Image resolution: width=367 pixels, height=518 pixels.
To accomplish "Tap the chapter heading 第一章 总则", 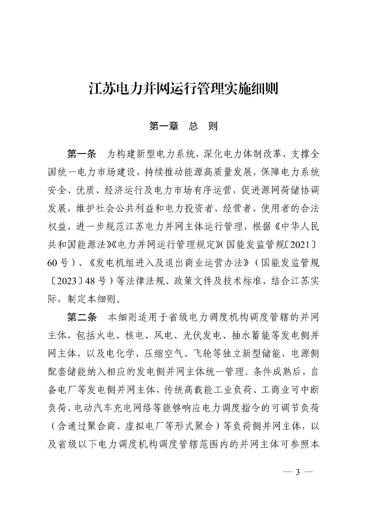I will (183, 127).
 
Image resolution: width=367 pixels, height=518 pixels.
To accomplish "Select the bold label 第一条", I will (82, 154).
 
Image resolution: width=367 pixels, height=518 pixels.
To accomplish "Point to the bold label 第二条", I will (82, 317).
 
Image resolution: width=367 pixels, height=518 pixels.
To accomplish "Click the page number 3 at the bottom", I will (298, 473).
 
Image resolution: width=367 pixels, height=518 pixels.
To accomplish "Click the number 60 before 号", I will (53, 263).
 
